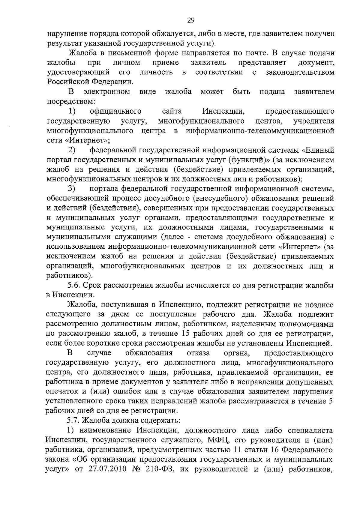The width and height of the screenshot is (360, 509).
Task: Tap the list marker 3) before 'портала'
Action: (x=71, y=189)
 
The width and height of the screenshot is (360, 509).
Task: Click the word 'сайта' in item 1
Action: (x=172, y=112)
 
